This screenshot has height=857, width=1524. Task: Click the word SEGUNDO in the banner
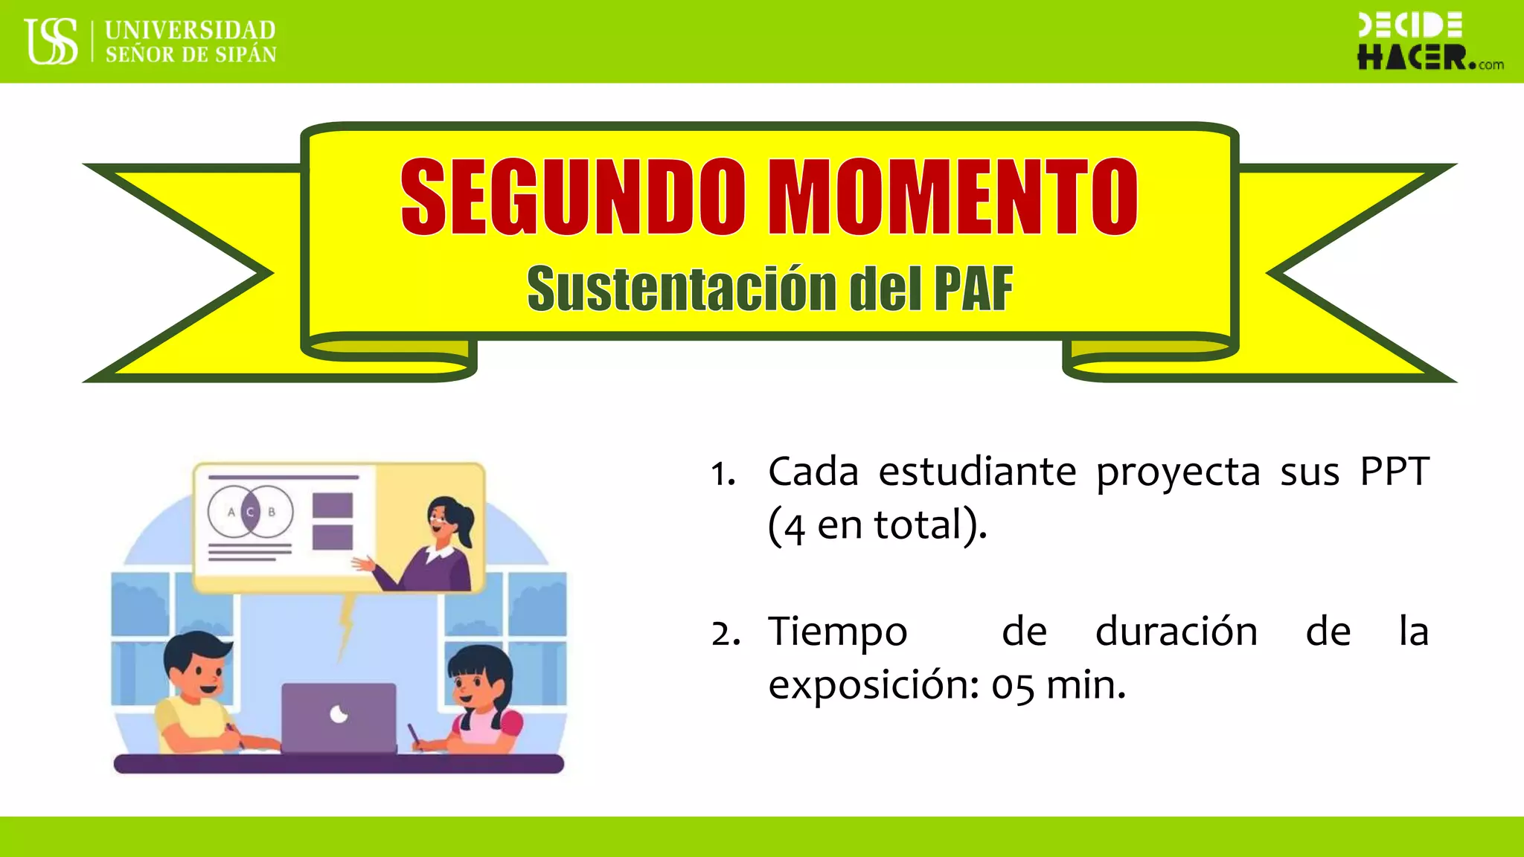pos(572,196)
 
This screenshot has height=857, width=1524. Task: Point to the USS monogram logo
pos(51,41)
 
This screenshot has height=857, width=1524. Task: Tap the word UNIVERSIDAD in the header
pos(190,30)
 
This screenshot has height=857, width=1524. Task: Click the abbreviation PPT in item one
pos(1395,472)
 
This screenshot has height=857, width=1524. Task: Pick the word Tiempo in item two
pos(837,632)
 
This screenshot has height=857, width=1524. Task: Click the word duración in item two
pos(1176,632)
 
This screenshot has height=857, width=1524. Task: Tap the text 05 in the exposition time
pos(1012,686)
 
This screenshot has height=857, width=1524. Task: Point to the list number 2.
pos(724,634)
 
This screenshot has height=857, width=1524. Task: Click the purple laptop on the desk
pos(339,718)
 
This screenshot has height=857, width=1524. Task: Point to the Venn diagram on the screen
pos(250,512)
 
